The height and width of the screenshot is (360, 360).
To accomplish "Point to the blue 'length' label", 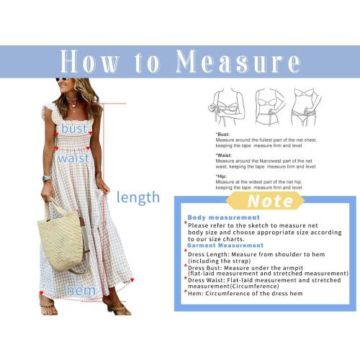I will (138, 197).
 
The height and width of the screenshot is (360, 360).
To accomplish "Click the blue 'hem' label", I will (81, 290).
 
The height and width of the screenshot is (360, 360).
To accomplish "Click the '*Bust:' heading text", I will (223, 135).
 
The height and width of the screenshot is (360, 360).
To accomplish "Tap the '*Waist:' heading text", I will (225, 155).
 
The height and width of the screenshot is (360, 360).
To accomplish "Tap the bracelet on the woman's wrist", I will (47, 178).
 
